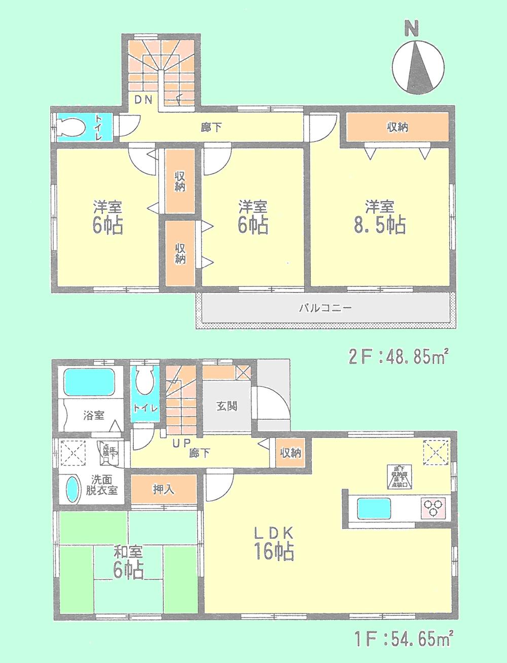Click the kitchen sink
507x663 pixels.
[374, 506]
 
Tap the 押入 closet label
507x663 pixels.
[163, 490]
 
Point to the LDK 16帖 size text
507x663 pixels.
[274, 551]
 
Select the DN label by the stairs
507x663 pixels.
[143, 99]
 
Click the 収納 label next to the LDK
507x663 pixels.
[290, 453]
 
